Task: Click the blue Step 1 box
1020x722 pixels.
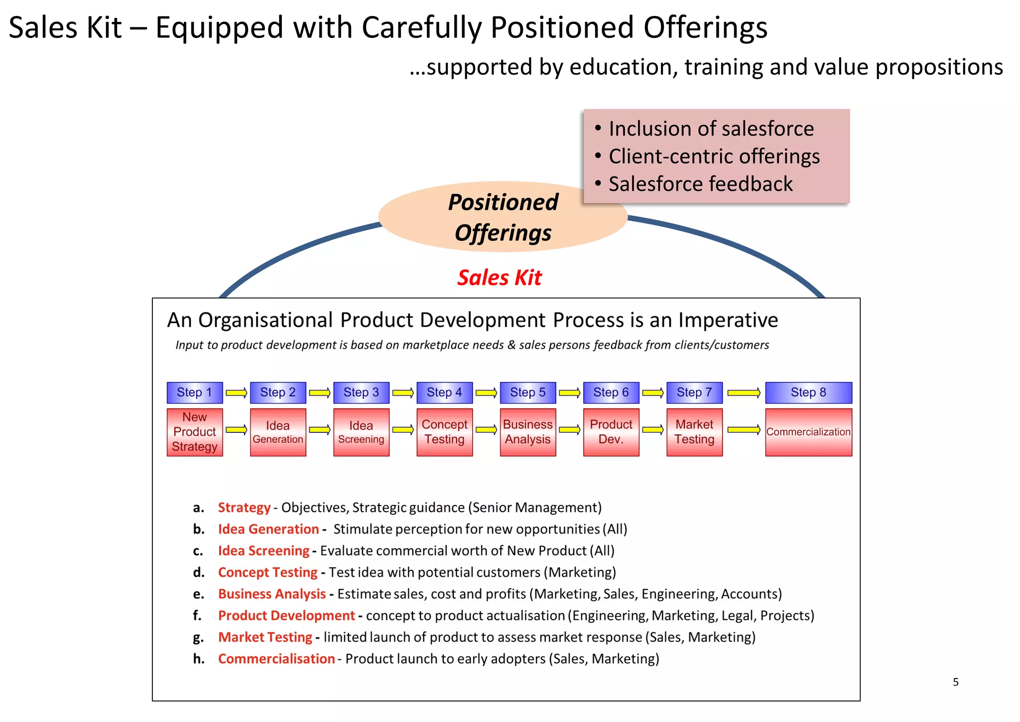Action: [194, 392]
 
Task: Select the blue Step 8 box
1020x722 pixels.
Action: [808, 392]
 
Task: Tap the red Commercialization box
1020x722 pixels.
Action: [808, 432]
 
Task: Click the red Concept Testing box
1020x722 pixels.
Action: [444, 432]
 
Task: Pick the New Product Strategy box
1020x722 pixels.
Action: [194, 432]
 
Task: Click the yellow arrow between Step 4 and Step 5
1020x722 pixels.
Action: [486, 393]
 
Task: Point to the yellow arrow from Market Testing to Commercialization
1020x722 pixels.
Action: [744, 429]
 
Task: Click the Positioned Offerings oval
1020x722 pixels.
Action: [503, 217]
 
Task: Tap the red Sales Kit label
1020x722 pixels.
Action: [499, 278]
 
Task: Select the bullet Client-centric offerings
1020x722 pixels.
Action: [714, 157]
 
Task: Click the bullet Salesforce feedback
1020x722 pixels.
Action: [700, 184]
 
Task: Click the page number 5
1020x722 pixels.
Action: [955, 682]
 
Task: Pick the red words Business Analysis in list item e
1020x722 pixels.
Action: [272, 594]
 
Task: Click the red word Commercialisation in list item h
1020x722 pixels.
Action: [276, 659]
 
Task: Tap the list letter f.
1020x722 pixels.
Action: [197, 616]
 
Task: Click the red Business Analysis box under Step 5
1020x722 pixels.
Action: [527, 432]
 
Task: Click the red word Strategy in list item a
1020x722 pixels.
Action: [244, 508]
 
